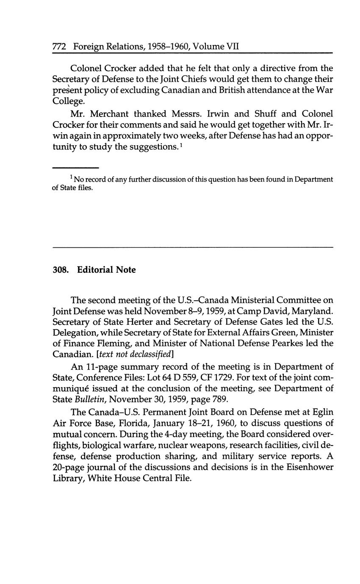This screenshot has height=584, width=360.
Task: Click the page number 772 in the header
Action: point(59,47)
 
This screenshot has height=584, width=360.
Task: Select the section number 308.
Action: point(61,270)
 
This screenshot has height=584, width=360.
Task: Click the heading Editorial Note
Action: point(106,270)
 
